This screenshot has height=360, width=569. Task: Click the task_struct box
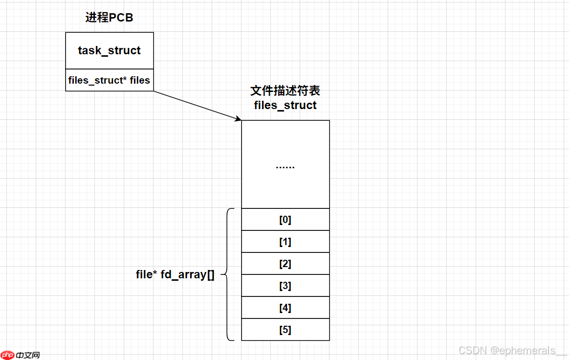click(109, 50)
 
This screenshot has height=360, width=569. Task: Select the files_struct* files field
click(109, 80)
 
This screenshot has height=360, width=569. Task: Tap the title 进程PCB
click(109, 18)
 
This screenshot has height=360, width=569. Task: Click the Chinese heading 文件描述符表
click(285, 91)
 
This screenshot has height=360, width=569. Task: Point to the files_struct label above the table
click(285, 105)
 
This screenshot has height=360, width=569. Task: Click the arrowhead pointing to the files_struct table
click(239, 119)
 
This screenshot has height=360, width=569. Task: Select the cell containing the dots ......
click(285, 164)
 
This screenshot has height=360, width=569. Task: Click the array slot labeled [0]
click(285, 220)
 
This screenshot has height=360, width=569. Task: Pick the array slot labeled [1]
click(285, 242)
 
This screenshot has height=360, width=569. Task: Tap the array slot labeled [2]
click(285, 264)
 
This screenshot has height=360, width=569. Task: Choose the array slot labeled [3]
click(285, 286)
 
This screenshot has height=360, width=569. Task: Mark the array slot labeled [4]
click(285, 308)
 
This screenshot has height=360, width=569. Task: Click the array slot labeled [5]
click(285, 330)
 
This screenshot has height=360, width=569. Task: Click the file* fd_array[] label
click(175, 274)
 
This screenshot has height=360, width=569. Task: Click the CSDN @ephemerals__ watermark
click(512, 351)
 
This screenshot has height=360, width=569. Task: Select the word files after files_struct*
click(140, 80)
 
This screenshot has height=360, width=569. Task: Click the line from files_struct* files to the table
click(196, 105)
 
